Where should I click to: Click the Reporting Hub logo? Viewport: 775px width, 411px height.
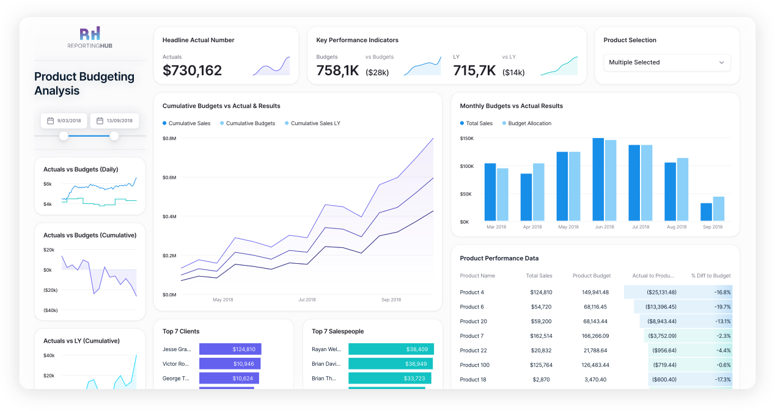coord(90,37)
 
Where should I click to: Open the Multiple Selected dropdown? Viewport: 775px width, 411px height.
coord(666,62)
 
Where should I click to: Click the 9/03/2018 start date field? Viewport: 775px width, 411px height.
coord(64,121)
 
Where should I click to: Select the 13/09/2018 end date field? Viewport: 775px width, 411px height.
coord(114,121)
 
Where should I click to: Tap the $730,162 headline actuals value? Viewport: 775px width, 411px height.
coord(192,71)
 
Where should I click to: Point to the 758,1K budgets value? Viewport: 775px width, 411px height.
coord(337,71)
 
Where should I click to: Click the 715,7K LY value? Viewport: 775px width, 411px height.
coord(474,71)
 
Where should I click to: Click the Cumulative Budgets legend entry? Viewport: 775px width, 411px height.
coord(250,123)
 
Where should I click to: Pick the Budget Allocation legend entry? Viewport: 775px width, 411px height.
coord(529,123)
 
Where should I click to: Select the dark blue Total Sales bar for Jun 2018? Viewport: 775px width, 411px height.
coord(598,180)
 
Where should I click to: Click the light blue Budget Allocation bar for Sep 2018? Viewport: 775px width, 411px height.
coord(718,209)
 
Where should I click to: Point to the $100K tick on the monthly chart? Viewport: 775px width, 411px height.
coord(467,166)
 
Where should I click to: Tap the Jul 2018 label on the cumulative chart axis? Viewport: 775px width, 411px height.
coord(307,300)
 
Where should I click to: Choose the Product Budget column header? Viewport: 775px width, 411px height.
coord(591,275)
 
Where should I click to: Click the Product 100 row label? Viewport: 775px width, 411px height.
coord(474,365)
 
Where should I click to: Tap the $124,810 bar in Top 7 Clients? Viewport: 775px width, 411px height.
coord(230,349)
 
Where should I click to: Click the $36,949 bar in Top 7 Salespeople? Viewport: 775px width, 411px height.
coord(391,364)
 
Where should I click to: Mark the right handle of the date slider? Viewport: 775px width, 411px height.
coord(114,136)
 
